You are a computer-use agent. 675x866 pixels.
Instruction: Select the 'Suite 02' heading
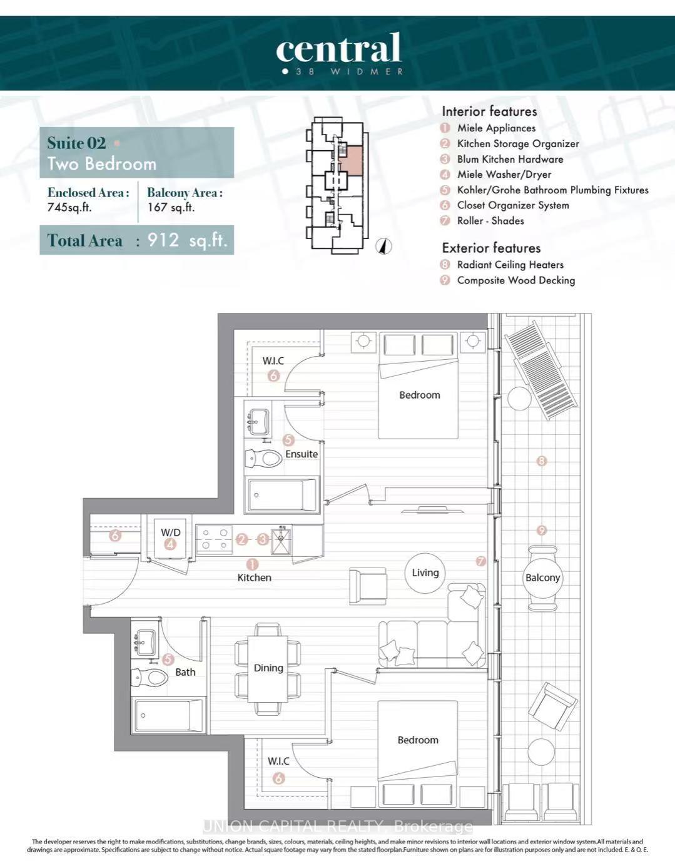coord(76,143)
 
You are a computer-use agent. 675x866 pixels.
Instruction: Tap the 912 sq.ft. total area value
coord(187,240)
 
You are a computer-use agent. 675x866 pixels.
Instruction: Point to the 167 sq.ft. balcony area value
coord(171,207)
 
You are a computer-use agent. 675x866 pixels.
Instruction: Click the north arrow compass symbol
coord(383,247)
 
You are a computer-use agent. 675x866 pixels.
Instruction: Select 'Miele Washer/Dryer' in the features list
coord(504,175)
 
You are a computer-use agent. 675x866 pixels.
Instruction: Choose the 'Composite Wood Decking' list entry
coord(515,280)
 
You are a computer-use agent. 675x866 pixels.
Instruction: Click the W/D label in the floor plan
coord(170,532)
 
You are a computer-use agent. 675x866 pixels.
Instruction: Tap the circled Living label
coord(425,573)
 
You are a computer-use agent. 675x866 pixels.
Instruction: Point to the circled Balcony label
coord(542,578)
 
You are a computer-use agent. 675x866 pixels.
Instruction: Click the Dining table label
coord(268,668)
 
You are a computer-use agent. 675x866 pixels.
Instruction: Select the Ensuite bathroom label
coord(302,454)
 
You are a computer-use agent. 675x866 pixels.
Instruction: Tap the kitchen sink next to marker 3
coord(281,541)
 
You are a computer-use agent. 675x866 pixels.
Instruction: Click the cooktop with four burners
coord(215,539)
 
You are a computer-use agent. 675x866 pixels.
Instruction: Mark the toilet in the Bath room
coord(150,678)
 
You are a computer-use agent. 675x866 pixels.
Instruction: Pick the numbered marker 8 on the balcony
coord(542,461)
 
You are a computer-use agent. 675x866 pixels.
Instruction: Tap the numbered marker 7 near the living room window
coord(480,561)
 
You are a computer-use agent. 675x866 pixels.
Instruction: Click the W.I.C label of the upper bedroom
coord(273,361)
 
